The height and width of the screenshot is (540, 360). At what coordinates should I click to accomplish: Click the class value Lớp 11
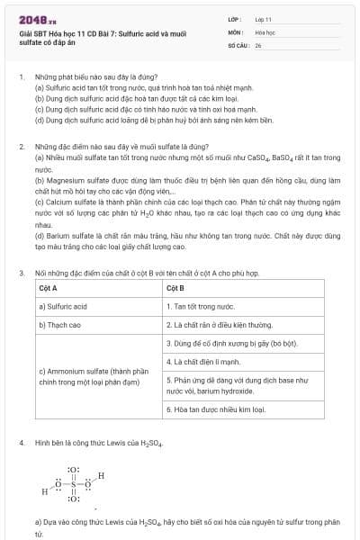[x=264, y=18]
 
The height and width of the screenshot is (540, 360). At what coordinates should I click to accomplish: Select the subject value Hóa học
[x=265, y=31]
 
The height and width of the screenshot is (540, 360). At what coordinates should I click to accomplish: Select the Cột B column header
[x=175, y=288]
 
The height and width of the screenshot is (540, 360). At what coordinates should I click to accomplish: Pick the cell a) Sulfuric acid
[x=62, y=306]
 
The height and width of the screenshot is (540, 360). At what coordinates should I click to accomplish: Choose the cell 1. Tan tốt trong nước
[x=200, y=306]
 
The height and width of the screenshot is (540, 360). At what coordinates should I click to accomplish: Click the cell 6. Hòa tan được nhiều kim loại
[x=215, y=409]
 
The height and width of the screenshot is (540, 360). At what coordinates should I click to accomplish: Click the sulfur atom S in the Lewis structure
[x=74, y=483]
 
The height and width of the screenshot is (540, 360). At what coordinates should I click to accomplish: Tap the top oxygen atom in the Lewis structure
[x=74, y=470]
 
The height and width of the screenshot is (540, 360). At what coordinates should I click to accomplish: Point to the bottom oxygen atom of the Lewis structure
[x=74, y=498]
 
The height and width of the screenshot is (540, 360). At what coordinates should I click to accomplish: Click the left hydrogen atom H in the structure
[x=44, y=492]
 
